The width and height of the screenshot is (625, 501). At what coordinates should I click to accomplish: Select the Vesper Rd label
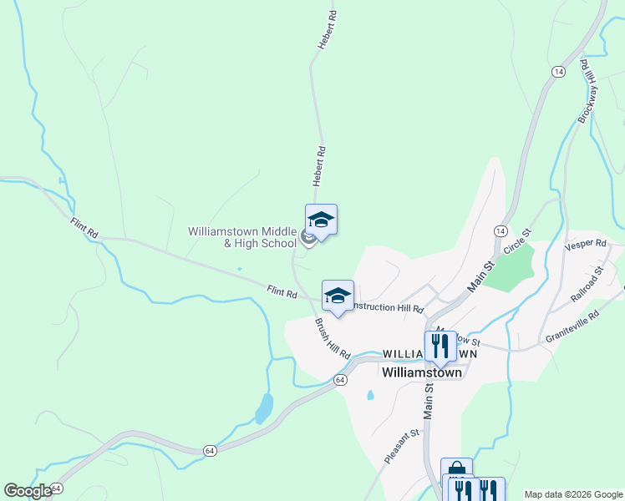(585, 243)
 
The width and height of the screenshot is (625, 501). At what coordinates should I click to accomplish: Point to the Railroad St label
(587, 285)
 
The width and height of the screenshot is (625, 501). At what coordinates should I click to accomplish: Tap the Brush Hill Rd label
(332, 337)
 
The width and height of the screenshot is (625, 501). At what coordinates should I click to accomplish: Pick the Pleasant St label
(401, 447)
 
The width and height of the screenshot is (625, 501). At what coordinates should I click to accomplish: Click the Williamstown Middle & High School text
(242, 237)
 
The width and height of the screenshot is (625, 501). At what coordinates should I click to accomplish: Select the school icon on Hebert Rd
(321, 220)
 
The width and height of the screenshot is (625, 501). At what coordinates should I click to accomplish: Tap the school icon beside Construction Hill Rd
(338, 296)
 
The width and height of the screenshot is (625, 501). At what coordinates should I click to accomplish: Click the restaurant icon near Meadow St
(440, 345)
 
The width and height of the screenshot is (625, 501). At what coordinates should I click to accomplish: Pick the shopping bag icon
(456, 469)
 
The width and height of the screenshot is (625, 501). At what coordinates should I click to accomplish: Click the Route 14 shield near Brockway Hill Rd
(557, 73)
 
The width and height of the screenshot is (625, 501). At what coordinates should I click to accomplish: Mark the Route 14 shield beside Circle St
(500, 230)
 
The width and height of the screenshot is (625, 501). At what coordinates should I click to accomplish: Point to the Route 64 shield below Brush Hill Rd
(340, 379)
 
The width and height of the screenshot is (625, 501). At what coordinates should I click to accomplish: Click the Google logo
(28, 491)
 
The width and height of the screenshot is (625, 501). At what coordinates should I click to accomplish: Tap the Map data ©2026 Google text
(572, 494)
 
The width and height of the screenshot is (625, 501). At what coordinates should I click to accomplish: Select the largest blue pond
(264, 408)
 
